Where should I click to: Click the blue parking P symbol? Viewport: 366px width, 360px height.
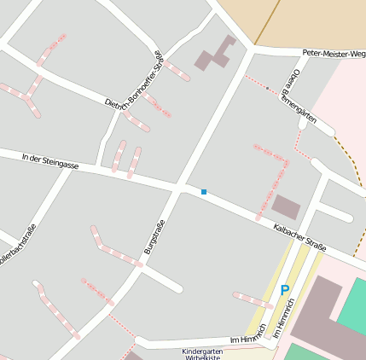[285, 291]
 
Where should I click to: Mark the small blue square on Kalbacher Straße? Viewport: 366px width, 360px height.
[204, 192]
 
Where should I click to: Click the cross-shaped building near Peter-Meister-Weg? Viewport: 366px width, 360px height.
[217, 54]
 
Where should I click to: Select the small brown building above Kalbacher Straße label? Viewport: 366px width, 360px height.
[286, 206]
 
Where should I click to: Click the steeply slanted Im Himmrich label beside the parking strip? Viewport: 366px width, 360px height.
[282, 327]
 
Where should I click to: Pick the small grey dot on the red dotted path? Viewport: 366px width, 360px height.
[267, 88]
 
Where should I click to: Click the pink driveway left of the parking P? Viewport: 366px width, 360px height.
[253, 299]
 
